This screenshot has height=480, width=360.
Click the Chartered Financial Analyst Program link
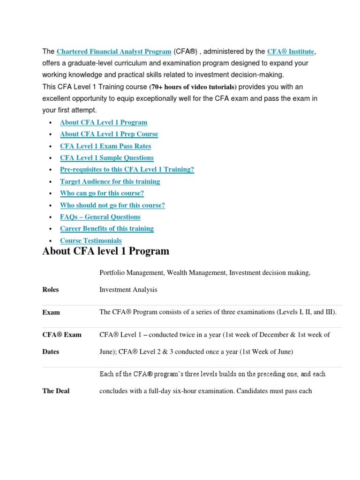point(113,51)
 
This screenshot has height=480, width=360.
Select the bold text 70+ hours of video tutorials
point(193,87)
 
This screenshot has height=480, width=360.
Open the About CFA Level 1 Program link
point(103,122)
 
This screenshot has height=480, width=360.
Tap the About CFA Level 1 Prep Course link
point(109,134)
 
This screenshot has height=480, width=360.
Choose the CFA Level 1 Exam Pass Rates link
point(105,146)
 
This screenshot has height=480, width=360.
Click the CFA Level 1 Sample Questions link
point(106,158)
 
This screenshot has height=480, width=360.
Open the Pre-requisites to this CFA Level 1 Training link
point(127,170)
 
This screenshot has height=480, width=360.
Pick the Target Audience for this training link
point(110,181)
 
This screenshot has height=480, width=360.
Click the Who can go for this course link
point(102,193)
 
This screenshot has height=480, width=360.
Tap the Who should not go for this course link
point(112,205)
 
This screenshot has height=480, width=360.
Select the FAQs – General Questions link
point(100,217)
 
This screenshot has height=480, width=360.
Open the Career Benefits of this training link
point(106,229)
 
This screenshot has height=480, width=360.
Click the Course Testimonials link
point(90,240)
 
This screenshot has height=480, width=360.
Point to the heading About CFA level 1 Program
point(105,251)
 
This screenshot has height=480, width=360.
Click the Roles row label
point(51,290)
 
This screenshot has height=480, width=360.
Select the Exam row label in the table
point(51,312)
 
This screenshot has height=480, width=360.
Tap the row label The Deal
point(56,391)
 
